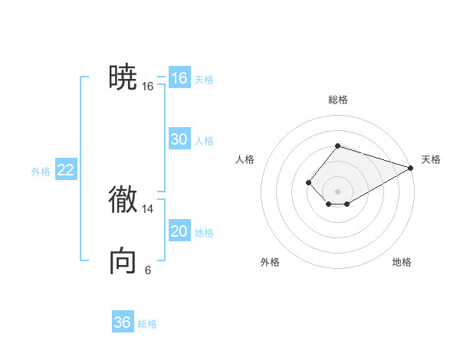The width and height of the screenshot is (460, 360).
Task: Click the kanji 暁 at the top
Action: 123,77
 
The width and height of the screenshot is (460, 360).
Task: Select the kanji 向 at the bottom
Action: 123,261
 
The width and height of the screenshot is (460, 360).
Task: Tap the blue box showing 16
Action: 179,78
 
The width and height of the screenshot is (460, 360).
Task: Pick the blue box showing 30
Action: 179,139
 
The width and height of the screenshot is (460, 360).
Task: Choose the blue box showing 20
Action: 179,231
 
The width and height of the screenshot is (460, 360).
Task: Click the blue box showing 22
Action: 66,170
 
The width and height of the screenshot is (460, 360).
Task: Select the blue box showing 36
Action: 123,322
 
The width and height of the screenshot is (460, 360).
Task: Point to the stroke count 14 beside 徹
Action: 148,208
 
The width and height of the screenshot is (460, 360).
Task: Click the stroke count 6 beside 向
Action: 148,270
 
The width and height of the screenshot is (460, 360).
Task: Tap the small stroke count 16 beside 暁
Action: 148,87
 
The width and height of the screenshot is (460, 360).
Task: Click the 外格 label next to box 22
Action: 41,172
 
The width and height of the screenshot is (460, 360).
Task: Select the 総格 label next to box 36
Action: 147,324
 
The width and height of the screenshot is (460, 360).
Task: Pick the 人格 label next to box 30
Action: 204,141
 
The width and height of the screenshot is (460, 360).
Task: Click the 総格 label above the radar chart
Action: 337,100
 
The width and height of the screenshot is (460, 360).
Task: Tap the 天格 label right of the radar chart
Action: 431,159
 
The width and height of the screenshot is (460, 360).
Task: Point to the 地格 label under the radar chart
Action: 402,262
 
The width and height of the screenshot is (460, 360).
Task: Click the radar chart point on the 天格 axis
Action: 411,168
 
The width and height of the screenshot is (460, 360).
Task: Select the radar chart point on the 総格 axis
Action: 337,146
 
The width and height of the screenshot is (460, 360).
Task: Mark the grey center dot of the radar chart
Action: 337,191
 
